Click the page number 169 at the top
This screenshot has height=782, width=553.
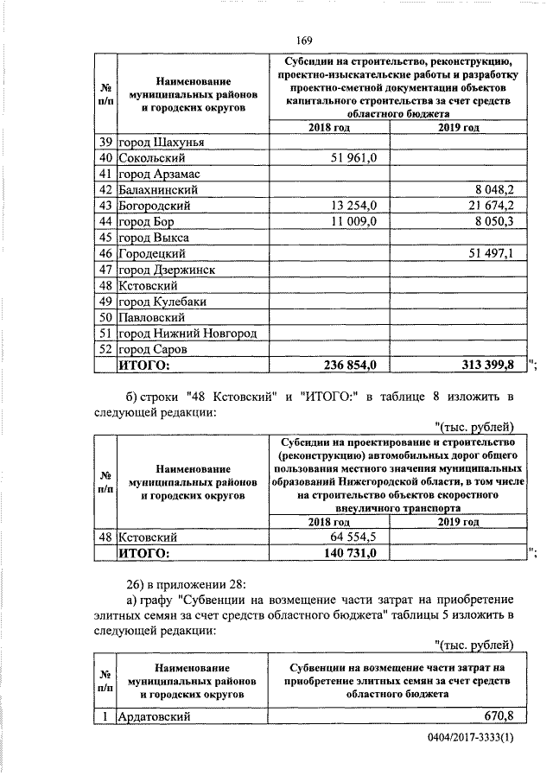(302, 40)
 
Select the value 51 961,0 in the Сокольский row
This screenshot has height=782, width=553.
(353, 158)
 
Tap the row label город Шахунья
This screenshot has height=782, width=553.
(162, 142)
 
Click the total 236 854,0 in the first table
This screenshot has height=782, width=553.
(349, 366)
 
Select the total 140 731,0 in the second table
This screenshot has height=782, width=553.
(349, 553)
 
